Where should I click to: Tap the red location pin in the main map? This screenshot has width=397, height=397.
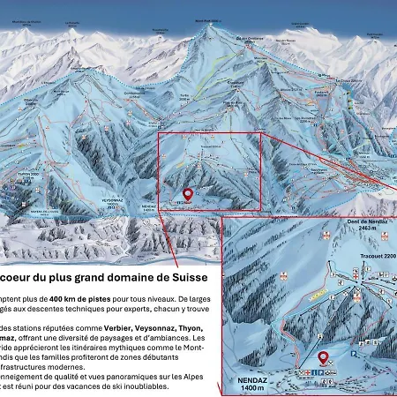click(187, 195)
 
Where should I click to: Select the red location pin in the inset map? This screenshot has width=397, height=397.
click(324, 357)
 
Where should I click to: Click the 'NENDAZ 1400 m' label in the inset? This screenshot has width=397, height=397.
click(247, 380)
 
